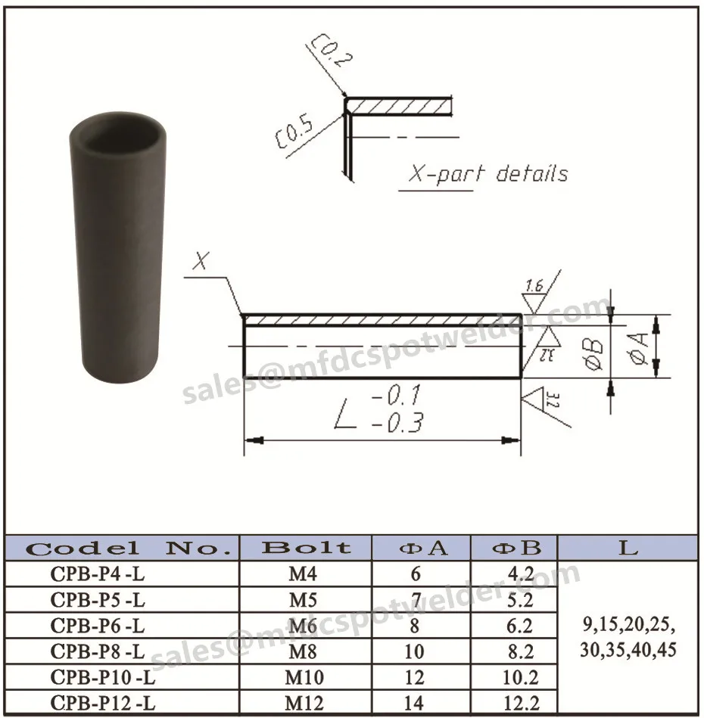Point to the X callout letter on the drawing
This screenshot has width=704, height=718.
point(200,262)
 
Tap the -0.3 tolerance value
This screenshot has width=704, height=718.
point(397,424)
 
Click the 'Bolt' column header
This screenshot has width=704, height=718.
point(306,548)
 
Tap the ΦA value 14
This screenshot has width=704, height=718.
point(416,703)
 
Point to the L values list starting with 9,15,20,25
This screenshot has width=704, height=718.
point(628,638)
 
